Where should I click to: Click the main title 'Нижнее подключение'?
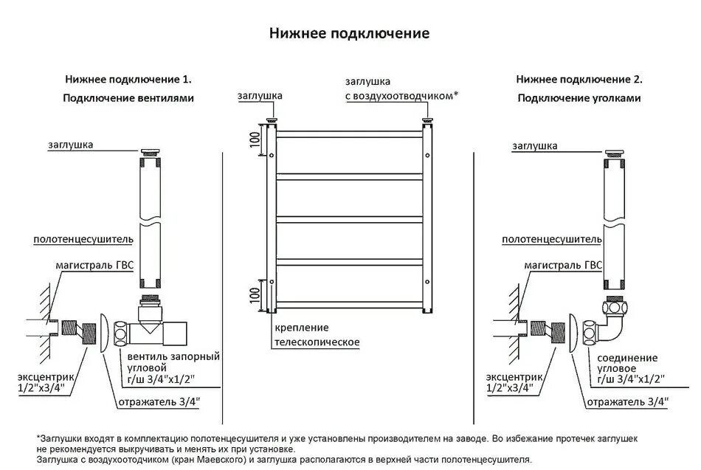click(x=349, y=34)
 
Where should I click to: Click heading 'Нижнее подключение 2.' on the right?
click(x=579, y=79)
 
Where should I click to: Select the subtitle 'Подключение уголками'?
click(x=579, y=98)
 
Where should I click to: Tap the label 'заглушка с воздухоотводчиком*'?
click(x=401, y=88)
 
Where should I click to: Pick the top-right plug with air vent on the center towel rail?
click(x=427, y=119)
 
